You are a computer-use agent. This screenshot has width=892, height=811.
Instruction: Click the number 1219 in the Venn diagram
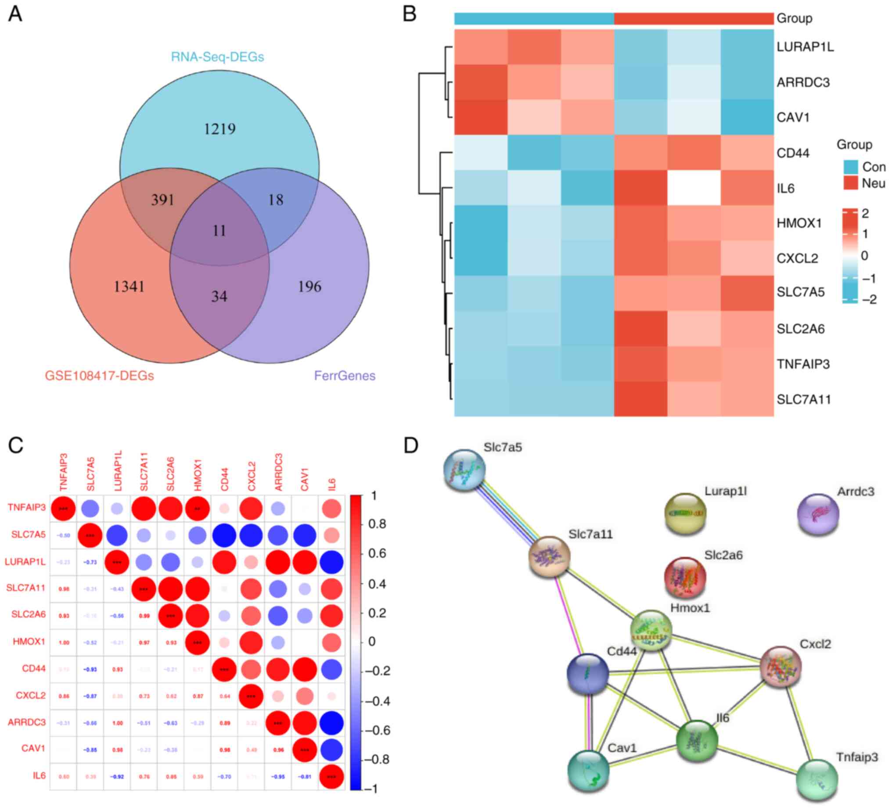(219, 129)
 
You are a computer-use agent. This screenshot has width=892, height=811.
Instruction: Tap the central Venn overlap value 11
(219, 230)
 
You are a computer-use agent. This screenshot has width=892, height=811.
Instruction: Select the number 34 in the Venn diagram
(219, 295)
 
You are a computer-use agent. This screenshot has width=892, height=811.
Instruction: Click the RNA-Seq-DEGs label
(217, 57)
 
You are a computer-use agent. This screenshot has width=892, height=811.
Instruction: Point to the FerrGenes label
(345, 376)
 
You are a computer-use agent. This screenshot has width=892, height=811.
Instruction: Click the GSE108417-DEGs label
(99, 376)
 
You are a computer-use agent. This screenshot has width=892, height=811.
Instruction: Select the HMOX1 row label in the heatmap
(798, 223)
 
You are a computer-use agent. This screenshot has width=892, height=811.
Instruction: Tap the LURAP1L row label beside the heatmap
(805, 47)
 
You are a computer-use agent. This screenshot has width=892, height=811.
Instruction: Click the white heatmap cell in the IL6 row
(694, 188)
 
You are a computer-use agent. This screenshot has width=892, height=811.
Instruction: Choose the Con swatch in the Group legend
(850, 167)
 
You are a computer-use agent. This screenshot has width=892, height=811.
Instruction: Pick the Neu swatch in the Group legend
(850, 183)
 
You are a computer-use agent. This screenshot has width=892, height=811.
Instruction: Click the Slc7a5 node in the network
(464, 470)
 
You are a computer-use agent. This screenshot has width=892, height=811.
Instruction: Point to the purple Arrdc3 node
(818, 515)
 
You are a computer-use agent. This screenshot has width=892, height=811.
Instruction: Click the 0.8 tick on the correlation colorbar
(377, 524)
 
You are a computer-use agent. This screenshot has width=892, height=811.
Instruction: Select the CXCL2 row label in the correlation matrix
(31, 695)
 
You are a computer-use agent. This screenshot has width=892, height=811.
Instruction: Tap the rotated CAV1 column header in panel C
(304, 480)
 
